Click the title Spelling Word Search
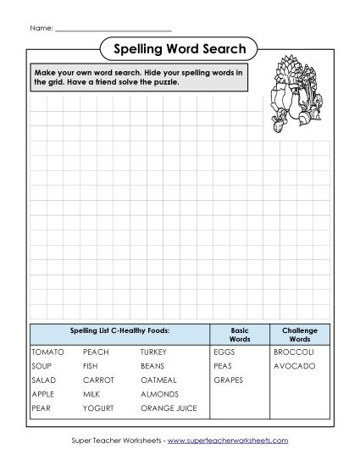pos(179,48)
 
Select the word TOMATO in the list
pos(47,352)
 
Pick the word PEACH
pos(96,352)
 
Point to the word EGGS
pos(224,352)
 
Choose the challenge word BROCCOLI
pos(294,352)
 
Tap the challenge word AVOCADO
pos(294,366)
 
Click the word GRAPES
pos(229,380)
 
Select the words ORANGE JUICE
pos(169,409)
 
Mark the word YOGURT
pos(98,409)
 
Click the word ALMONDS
pos(160,395)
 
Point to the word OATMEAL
pos(159,380)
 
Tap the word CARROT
pos(98,380)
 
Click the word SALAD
pos(43,380)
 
